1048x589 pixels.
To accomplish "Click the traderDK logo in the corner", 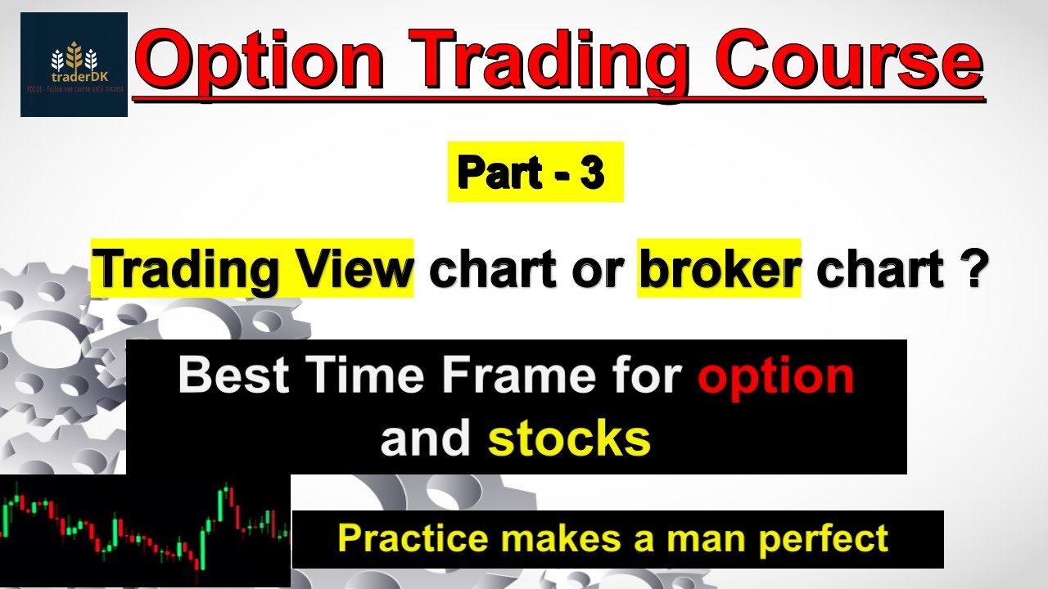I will pyautogui.click(x=74, y=64).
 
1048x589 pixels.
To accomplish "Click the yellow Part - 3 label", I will pyautogui.click(x=535, y=172).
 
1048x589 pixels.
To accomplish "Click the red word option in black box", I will pyautogui.click(x=775, y=375).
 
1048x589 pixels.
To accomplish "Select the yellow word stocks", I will pyautogui.click(x=569, y=439).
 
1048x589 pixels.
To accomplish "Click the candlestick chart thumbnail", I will pyautogui.click(x=145, y=530).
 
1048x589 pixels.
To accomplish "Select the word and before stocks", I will pyautogui.click(x=426, y=439).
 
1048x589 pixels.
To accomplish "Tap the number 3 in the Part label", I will pyautogui.click(x=592, y=172).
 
